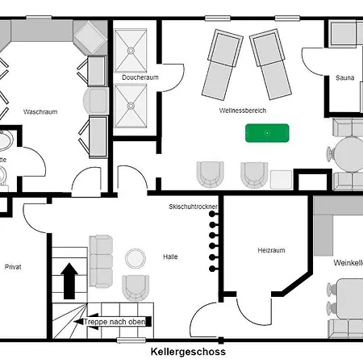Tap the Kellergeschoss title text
pos(188,352)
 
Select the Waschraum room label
pos(40,111)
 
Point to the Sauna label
pos(344,78)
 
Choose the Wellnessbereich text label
pos(242,110)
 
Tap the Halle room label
pos(169,257)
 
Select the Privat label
pos(13,265)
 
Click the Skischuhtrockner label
pos(193,207)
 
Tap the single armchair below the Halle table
pos(136,287)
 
